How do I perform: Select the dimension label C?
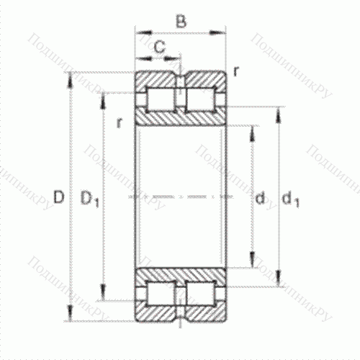click(159, 48)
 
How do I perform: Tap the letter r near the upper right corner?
click(236, 71)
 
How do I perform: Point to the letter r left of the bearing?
click(120, 122)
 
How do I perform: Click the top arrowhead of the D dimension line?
click(71, 76)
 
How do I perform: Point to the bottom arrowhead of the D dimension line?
click(71, 317)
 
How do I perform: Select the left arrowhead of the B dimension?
click(138, 32)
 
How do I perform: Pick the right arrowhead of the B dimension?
click(223, 32)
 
